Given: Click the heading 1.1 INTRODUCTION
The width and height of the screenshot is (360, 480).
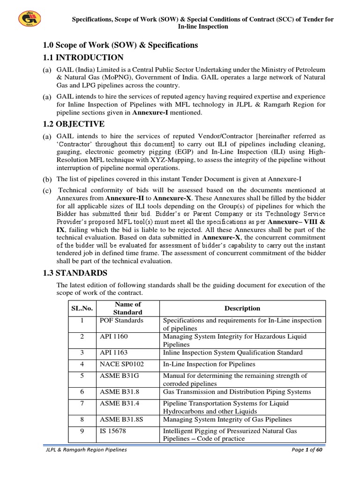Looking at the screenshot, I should [x=83, y=58].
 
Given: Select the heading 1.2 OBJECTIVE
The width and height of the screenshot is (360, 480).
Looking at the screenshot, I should [x=80, y=124].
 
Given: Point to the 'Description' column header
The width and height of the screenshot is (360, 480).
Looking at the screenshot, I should [x=242, y=308].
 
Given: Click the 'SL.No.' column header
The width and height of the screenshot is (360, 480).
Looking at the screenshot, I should [x=82, y=308].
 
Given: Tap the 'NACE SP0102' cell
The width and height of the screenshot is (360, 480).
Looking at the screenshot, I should [x=120, y=364].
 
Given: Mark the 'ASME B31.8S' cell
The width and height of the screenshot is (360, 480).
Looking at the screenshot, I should [x=121, y=420].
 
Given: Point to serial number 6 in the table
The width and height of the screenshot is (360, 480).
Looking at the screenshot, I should [x=82, y=392].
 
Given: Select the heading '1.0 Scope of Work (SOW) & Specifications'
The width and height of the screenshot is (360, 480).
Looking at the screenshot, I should [x=120, y=45].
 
